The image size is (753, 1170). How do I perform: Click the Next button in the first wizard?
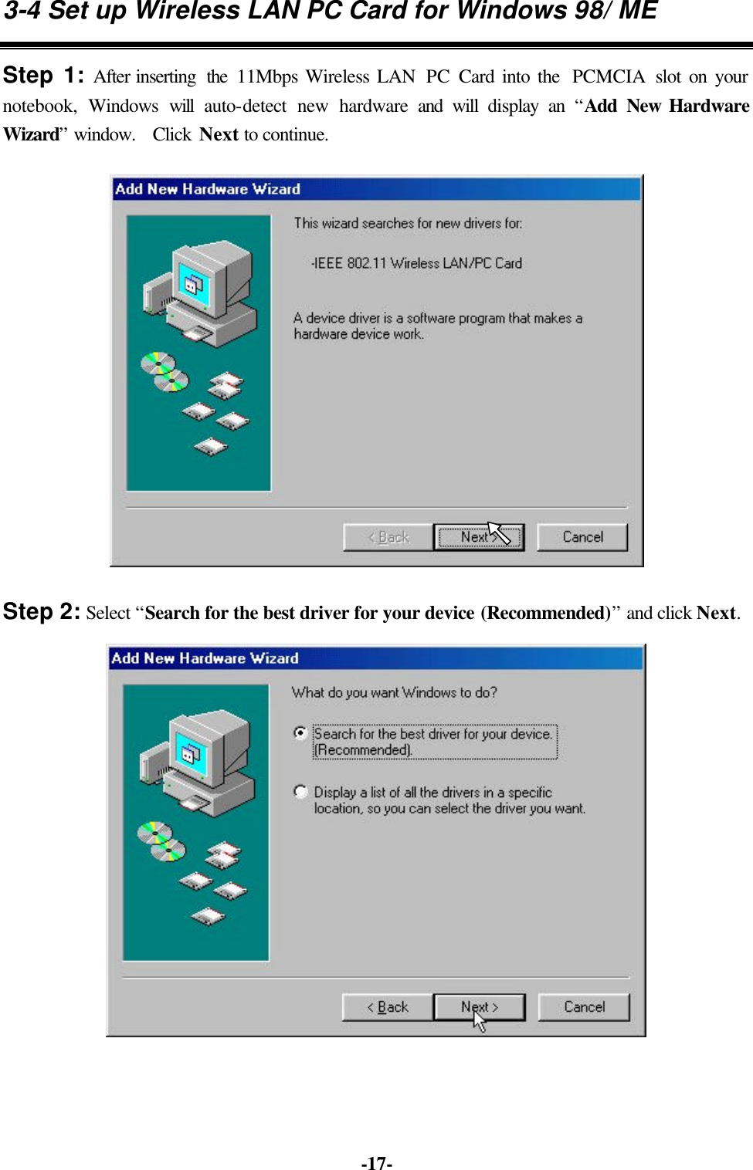[x=478, y=537]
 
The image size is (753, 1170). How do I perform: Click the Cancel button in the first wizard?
[x=582, y=537]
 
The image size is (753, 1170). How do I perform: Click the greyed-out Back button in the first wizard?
[x=388, y=537]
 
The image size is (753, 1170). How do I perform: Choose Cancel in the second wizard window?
[x=584, y=1007]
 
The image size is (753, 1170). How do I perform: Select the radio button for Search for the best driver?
[x=300, y=733]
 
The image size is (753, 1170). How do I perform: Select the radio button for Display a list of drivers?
[x=300, y=792]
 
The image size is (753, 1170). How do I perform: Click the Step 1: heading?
[x=43, y=76]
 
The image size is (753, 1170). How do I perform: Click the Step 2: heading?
[x=41, y=612]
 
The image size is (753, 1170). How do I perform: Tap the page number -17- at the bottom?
[x=376, y=1163]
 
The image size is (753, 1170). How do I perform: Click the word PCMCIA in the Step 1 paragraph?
[x=608, y=77]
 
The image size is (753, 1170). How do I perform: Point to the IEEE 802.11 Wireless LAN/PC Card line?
[x=417, y=263]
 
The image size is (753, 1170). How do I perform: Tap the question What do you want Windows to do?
[x=394, y=692]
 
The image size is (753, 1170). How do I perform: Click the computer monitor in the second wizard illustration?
[x=205, y=749]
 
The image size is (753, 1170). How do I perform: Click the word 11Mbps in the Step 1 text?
[x=267, y=77]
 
